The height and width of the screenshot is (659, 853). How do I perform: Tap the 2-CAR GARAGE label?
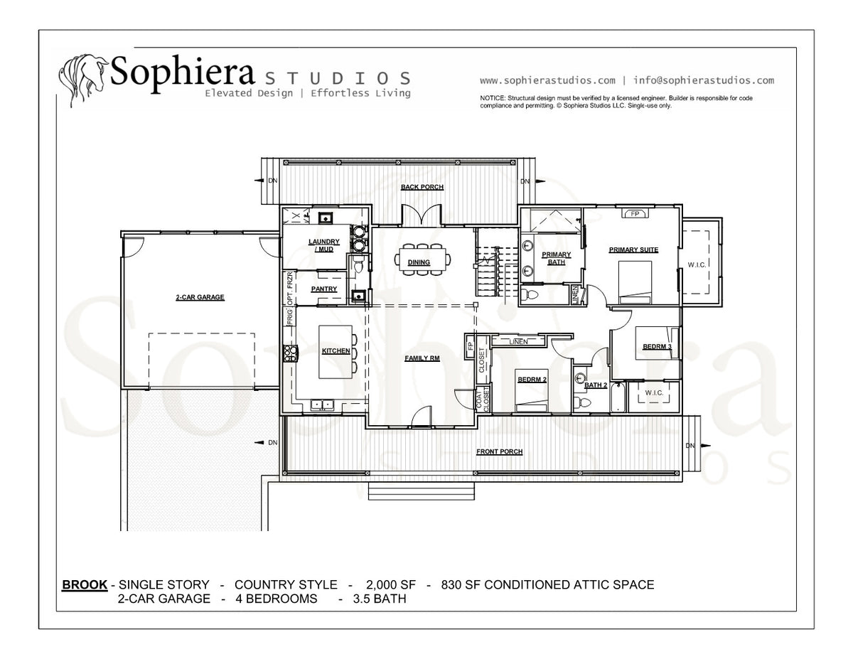pyautogui.click(x=200, y=297)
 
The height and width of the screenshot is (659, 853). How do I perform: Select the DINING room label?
pyautogui.click(x=419, y=262)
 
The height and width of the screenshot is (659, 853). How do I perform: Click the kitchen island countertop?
pyautogui.click(x=336, y=352)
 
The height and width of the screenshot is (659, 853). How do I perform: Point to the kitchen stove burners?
pyautogui.click(x=291, y=353)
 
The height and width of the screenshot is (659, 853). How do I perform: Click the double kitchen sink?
pyautogui.click(x=322, y=404)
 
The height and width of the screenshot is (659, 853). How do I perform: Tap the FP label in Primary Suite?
pyautogui.click(x=635, y=214)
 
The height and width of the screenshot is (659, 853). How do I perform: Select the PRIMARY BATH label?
pyautogui.click(x=557, y=258)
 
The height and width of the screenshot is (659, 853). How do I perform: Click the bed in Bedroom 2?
pyautogui.click(x=532, y=390)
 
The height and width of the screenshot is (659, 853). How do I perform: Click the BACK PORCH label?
pyautogui.click(x=422, y=187)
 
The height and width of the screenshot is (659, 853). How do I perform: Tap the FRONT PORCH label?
pyautogui.click(x=499, y=451)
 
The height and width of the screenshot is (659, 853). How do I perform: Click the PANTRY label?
pyautogui.click(x=324, y=289)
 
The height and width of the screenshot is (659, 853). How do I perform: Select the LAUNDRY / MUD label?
pyautogui.click(x=324, y=245)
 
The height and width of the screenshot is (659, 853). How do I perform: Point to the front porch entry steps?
pyautogui.click(x=422, y=491)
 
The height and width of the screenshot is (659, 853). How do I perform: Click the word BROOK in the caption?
pyautogui.click(x=85, y=585)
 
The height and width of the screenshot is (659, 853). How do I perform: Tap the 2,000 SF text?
pyautogui.click(x=390, y=585)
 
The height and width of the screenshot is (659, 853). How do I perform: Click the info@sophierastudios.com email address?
pyautogui.click(x=704, y=80)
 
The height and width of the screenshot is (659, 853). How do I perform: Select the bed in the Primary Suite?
pyautogui.click(x=635, y=282)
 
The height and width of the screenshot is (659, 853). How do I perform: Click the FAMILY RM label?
pyautogui.click(x=422, y=358)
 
